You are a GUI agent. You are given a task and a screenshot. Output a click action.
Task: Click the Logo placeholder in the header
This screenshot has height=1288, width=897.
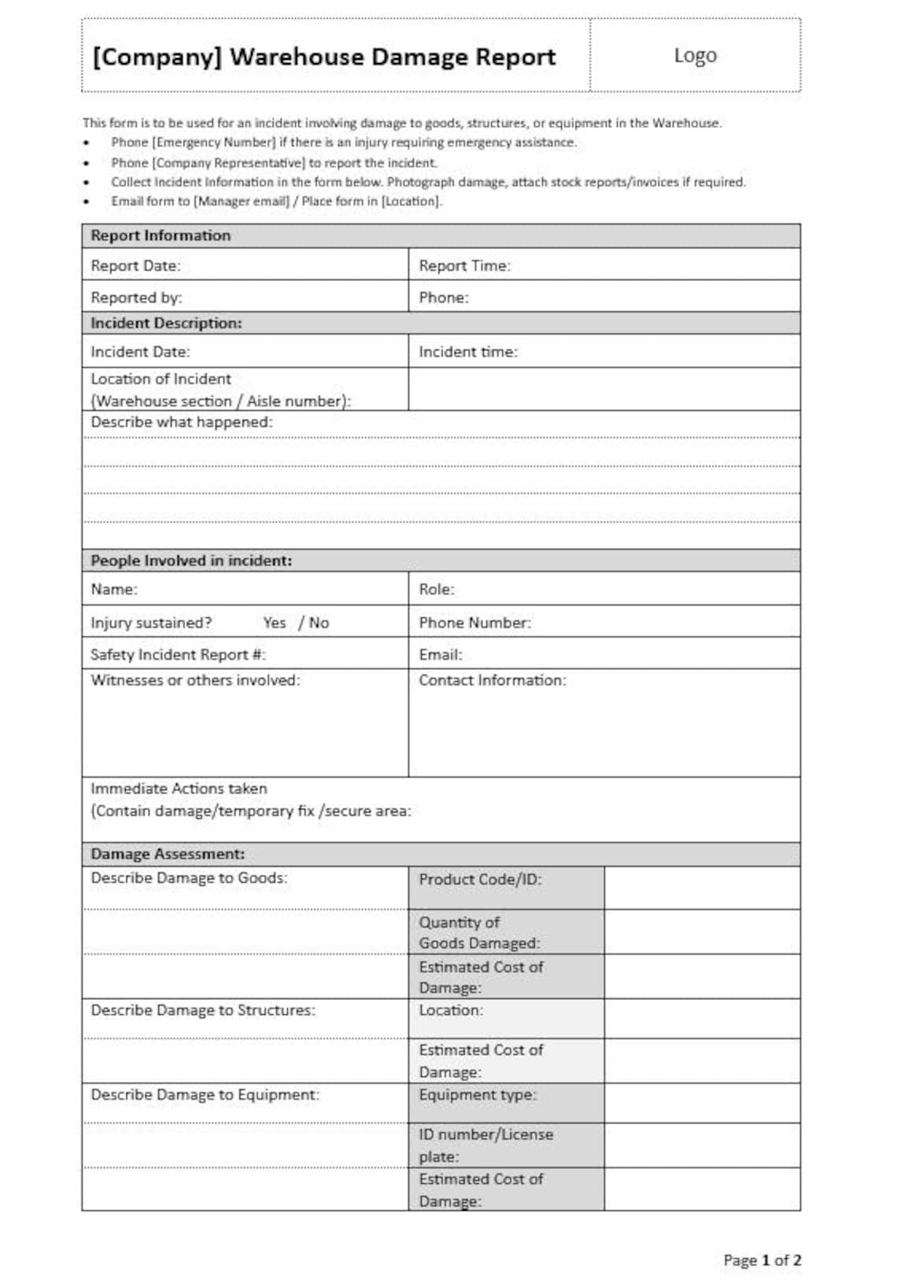[x=695, y=56]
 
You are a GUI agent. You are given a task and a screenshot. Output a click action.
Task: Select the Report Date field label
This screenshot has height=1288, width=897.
[x=135, y=266]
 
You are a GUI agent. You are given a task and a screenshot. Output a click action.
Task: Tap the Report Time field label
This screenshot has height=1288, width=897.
[x=464, y=266]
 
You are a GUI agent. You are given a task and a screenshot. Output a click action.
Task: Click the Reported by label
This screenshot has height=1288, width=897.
[x=136, y=298]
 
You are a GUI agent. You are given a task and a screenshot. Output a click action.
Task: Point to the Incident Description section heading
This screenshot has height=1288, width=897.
[x=166, y=324]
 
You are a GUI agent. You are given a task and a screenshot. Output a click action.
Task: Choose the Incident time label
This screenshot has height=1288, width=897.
[x=468, y=352]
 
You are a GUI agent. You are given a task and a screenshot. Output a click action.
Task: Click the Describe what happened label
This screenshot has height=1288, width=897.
[x=182, y=422]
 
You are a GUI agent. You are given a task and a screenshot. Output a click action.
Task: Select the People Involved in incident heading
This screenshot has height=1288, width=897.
[x=191, y=561]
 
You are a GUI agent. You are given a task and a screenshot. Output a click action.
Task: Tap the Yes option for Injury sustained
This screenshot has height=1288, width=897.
[x=275, y=623]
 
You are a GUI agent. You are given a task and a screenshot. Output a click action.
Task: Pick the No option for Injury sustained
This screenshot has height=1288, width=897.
[x=319, y=623]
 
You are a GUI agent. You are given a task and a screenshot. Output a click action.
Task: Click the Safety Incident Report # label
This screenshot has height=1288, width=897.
[x=178, y=654]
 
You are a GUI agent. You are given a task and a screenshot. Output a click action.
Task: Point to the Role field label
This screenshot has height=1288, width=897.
[x=437, y=589]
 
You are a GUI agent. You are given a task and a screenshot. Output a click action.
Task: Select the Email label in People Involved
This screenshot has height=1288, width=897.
[x=441, y=654]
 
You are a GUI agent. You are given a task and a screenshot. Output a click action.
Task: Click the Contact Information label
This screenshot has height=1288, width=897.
[x=492, y=680]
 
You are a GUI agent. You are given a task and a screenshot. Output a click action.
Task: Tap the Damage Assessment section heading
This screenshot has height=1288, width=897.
[x=168, y=854]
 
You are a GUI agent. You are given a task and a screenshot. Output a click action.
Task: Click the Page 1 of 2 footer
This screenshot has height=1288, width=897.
[x=762, y=1260]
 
